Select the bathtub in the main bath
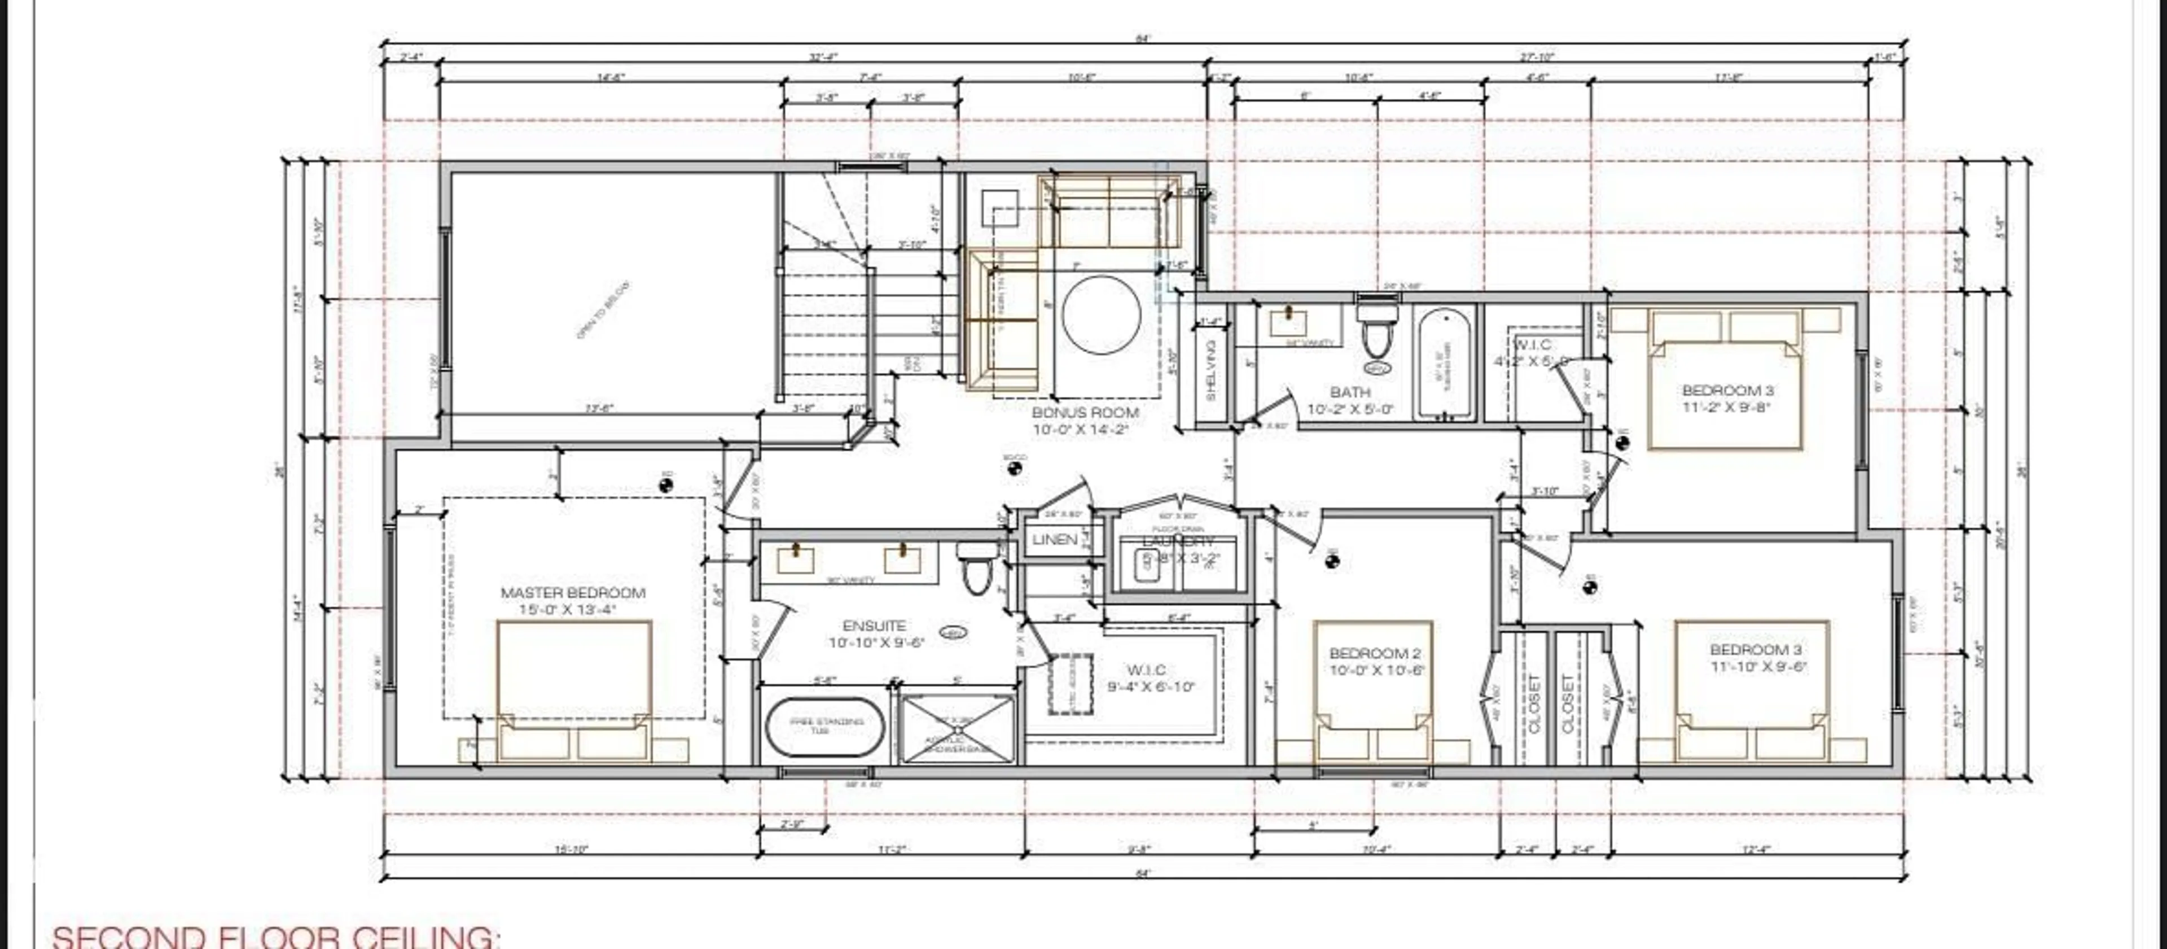1445,364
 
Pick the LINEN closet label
1054,539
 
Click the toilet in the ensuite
975,570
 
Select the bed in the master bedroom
574,690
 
